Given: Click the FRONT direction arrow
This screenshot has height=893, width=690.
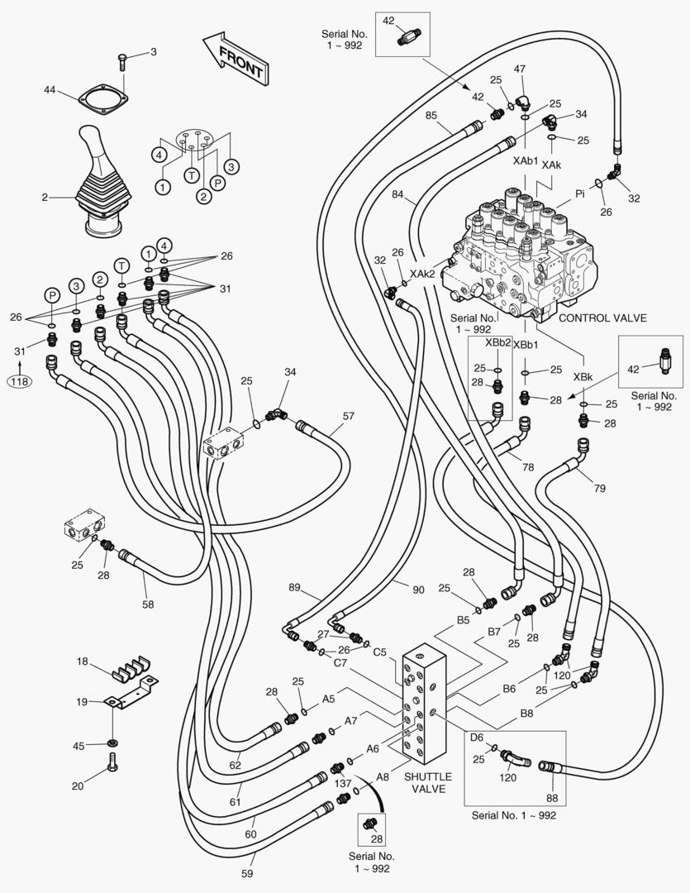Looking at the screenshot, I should coord(236,59).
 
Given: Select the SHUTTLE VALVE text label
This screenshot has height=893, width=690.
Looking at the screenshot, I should coord(428,782).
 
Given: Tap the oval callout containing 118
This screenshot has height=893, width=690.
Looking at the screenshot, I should coord(19,381).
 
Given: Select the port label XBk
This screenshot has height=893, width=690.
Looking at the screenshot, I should coord(583,377).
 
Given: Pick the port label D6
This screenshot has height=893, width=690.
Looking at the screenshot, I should coord(477,737).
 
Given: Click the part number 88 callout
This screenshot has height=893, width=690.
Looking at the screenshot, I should coord(551,798).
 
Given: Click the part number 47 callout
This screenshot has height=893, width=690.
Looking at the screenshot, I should coord(521,69).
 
